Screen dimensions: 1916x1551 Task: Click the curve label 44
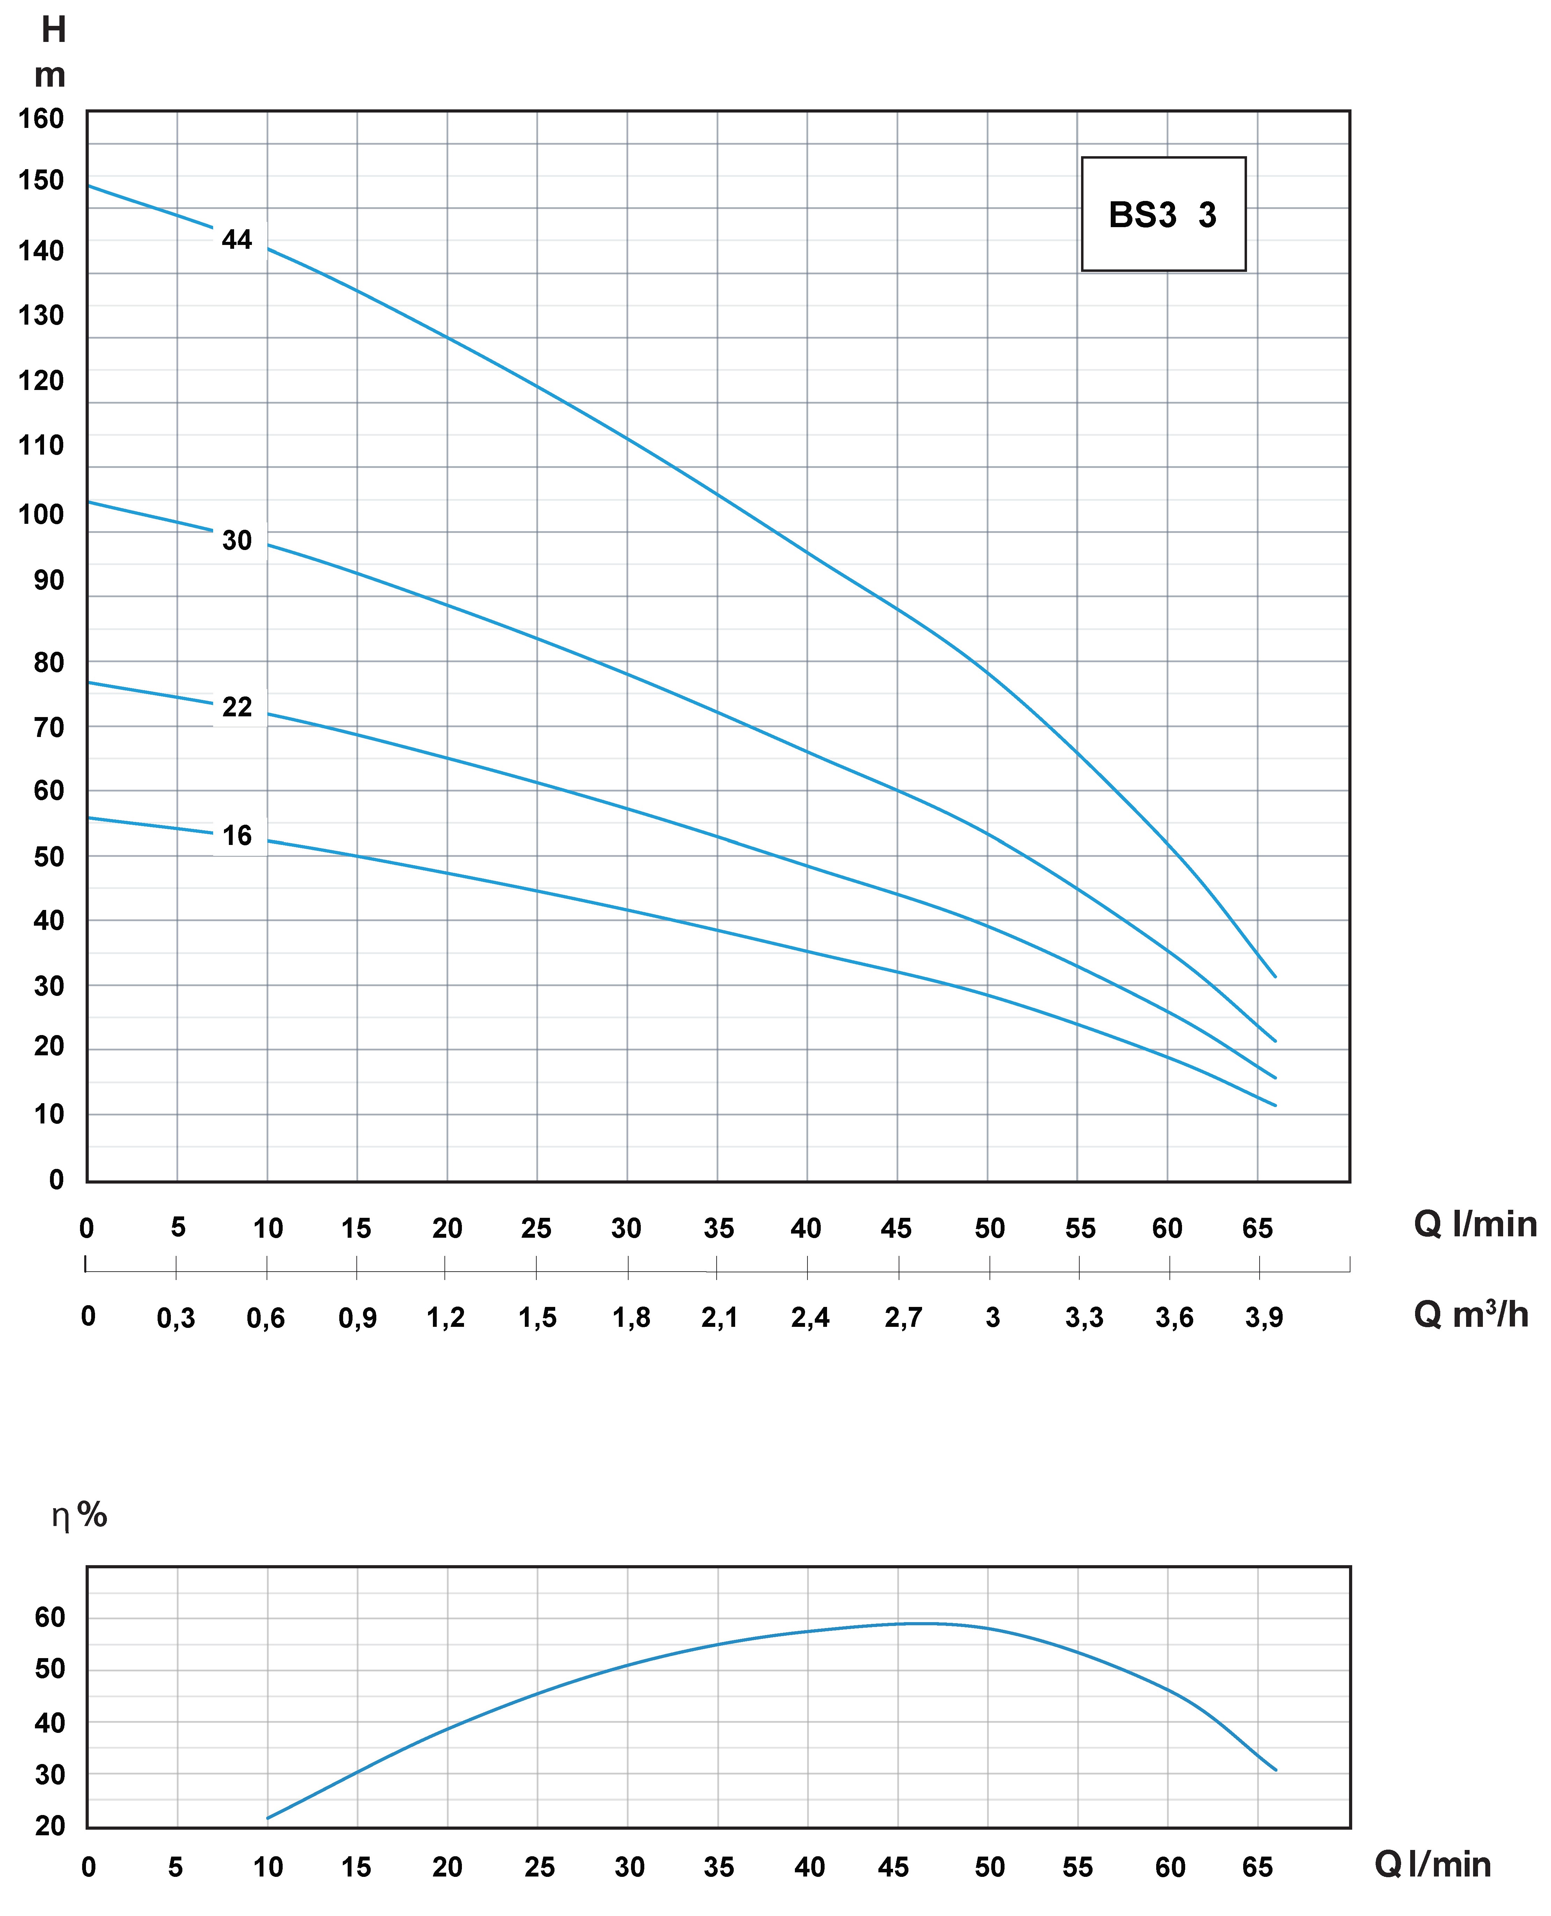point(237,239)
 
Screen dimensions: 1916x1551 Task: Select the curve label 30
point(237,540)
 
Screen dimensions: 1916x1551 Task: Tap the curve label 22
point(237,707)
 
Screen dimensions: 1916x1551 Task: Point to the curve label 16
point(237,836)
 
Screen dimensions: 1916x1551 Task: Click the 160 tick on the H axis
point(41,119)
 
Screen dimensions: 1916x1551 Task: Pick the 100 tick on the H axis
point(41,515)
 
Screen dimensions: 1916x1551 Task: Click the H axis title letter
point(53,30)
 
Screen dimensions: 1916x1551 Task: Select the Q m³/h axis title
point(1471,1315)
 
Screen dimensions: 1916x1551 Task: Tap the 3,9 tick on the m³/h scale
point(1263,1317)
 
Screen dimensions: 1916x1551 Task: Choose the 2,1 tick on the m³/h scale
point(719,1317)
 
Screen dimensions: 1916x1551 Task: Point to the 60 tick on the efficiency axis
point(50,1617)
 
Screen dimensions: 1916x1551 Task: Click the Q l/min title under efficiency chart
point(1432,1865)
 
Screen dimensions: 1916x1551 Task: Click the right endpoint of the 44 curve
point(1275,977)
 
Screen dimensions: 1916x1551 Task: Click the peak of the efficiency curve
point(925,1623)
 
